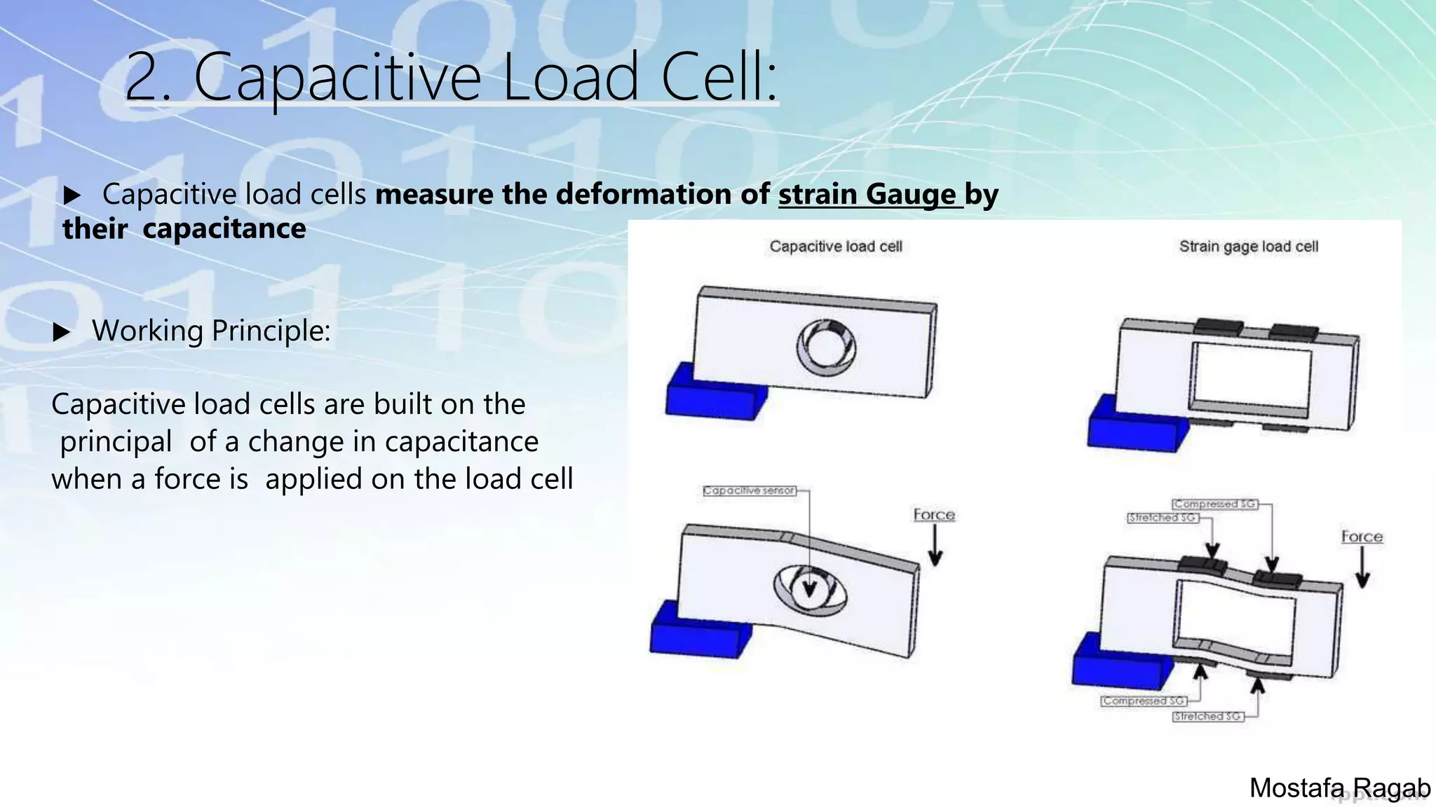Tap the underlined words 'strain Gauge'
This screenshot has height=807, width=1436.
(x=867, y=194)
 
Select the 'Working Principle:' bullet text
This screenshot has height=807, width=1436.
(x=211, y=331)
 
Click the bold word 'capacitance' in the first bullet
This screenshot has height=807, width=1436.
(x=224, y=228)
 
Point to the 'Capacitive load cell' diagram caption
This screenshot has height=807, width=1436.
(x=836, y=247)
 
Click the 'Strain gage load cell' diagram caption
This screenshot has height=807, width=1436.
(x=1248, y=247)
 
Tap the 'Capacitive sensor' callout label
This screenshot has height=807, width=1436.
(x=749, y=490)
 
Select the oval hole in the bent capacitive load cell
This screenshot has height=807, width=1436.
(x=810, y=589)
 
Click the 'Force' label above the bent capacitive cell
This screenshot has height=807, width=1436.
(x=934, y=515)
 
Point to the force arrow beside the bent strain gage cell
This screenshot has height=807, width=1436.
(x=1362, y=567)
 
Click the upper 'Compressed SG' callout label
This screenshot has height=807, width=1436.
(x=1214, y=504)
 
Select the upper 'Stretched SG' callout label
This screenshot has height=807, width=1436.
(x=1162, y=518)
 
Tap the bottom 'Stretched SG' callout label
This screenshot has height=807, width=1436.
(x=1207, y=716)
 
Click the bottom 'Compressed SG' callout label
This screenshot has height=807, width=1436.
(x=1143, y=701)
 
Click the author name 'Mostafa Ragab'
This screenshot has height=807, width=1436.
(x=1339, y=788)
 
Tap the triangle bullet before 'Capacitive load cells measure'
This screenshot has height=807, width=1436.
(x=72, y=195)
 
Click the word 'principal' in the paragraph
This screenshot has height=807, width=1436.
(x=116, y=442)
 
